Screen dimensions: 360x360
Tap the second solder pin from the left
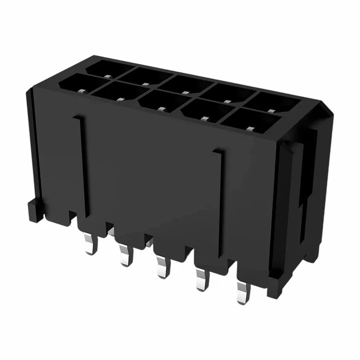[x=125, y=255]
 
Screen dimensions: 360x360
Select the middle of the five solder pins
[x=161, y=267]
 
